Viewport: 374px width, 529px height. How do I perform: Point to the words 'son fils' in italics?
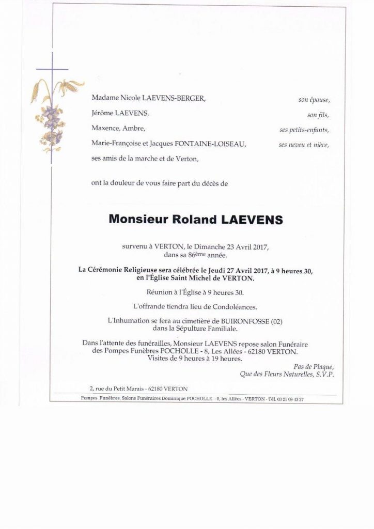[318, 115]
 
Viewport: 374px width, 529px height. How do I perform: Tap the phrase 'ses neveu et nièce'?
[304, 145]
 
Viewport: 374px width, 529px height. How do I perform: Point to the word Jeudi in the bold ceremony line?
[219, 271]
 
